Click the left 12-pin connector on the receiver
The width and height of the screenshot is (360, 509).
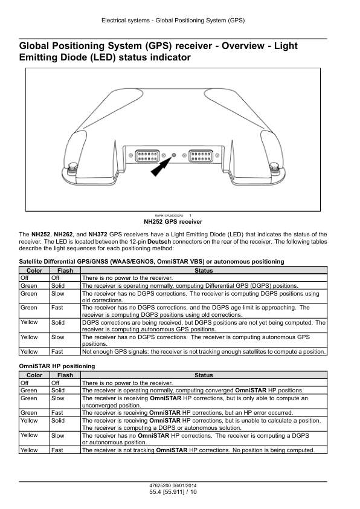(147, 155)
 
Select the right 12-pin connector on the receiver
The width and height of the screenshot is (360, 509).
(201, 155)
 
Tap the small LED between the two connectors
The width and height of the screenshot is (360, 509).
(173, 155)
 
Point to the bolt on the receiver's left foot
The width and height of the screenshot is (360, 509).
(72, 167)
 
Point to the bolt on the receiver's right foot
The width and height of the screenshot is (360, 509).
(274, 167)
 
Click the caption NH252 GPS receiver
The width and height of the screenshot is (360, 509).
(173, 222)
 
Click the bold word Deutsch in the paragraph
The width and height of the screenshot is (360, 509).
(159, 242)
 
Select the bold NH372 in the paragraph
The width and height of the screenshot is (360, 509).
(98, 235)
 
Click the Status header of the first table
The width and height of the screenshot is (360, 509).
(204, 270)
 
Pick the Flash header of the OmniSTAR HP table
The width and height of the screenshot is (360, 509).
(65, 375)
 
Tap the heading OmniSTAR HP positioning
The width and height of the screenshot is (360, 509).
(57, 366)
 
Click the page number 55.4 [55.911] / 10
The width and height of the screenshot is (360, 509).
(173, 492)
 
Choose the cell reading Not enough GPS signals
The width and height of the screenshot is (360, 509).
(204, 352)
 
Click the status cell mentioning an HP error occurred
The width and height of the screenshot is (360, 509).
(204, 413)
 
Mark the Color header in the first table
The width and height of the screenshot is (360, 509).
(34, 270)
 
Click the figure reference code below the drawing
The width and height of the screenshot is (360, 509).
(169, 216)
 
